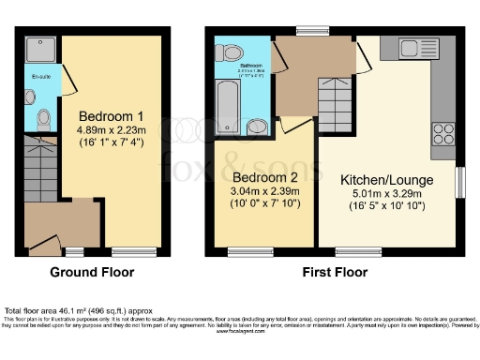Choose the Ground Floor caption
pyautogui.click(x=92, y=273)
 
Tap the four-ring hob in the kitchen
pyautogui.click(x=442, y=135)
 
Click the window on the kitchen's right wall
pyautogui.click(x=458, y=182)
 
